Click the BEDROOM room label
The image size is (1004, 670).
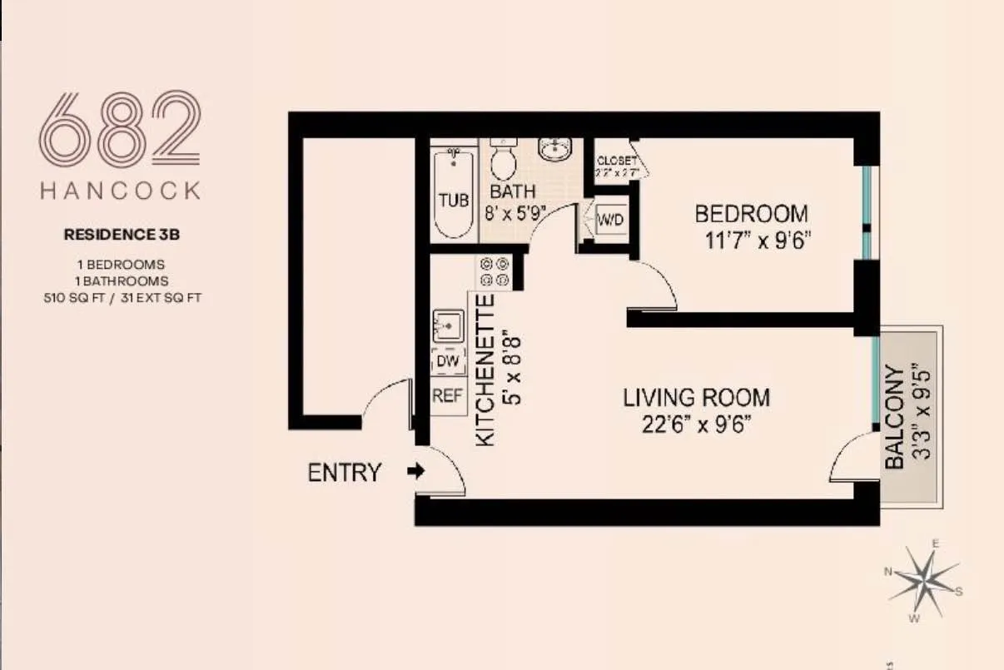[x=751, y=214]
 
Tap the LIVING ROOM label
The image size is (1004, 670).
[x=696, y=398]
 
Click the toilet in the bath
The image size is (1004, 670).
[x=503, y=160]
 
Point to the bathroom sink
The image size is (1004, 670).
[x=554, y=149]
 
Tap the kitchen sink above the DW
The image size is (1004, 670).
[x=449, y=325]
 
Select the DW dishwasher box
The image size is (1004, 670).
[x=448, y=363]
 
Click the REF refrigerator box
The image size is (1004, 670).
[x=447, y=397]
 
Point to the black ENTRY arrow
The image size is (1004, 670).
[x=415, y=471]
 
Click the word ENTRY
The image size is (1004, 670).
[x=344, y=473]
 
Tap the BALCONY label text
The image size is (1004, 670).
[x=894, y=417]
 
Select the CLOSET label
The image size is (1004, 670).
[x=616, y=161]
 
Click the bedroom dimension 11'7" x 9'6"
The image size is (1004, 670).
[x=757, y=241]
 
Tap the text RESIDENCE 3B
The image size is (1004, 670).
[x=122, y=235]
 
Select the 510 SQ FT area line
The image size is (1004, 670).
[x=122, y=296]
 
